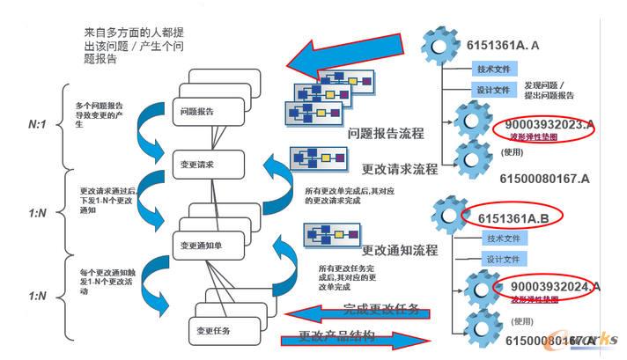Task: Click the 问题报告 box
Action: [197, 112]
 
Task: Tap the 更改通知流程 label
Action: [400, 250]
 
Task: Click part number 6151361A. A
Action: [517, 45]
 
